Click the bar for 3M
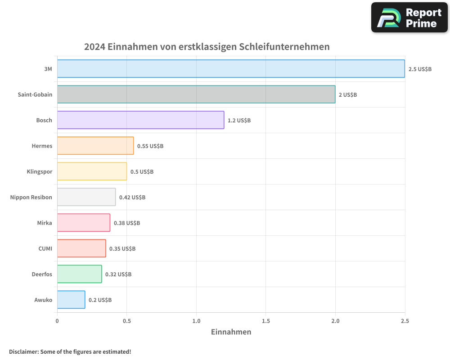pos(231,69)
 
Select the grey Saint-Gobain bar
pos(196,94)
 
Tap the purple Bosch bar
pos(140,120)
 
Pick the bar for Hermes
pos(95,146)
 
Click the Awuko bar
pos(71,300)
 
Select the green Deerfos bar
pos(79,274)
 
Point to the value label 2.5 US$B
pos(420,69)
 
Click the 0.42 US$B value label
pos(132,198)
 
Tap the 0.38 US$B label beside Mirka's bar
pos(126,223)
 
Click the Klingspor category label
pos(40,171)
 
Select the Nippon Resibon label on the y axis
pos(31,197)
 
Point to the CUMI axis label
pos(45,248)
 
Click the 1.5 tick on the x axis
pos(265,321)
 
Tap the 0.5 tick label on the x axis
pos(126,321)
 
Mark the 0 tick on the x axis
pos(57,321)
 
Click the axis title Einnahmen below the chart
pos(231,332)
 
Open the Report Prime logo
pos(409,18)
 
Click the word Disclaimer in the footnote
pos(23,351)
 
